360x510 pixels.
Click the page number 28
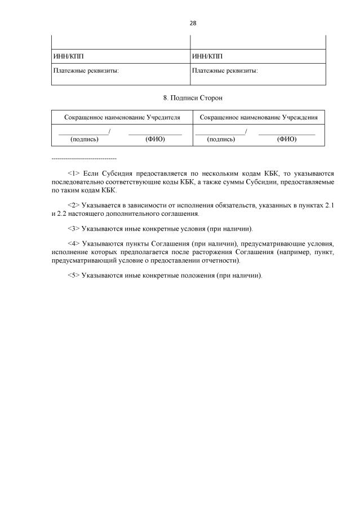click(193, 23)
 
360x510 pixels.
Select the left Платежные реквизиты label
click(86, 71)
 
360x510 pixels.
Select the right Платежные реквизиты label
click(225, 71)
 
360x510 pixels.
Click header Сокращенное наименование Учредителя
click(122, 117)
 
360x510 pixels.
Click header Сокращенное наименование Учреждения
click(259, 117)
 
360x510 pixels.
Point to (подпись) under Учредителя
click(84, 139)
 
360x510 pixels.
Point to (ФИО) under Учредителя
click(155, 139)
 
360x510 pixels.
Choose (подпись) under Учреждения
click(221, 139)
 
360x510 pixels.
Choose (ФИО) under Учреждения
click(287, 139)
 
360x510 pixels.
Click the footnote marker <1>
click(73, 174)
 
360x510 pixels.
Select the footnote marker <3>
click(73, 229)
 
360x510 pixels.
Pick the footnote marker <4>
click(73, 244)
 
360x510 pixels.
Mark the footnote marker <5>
click(73, 275)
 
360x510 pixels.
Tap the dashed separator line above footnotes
click(84, 158)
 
